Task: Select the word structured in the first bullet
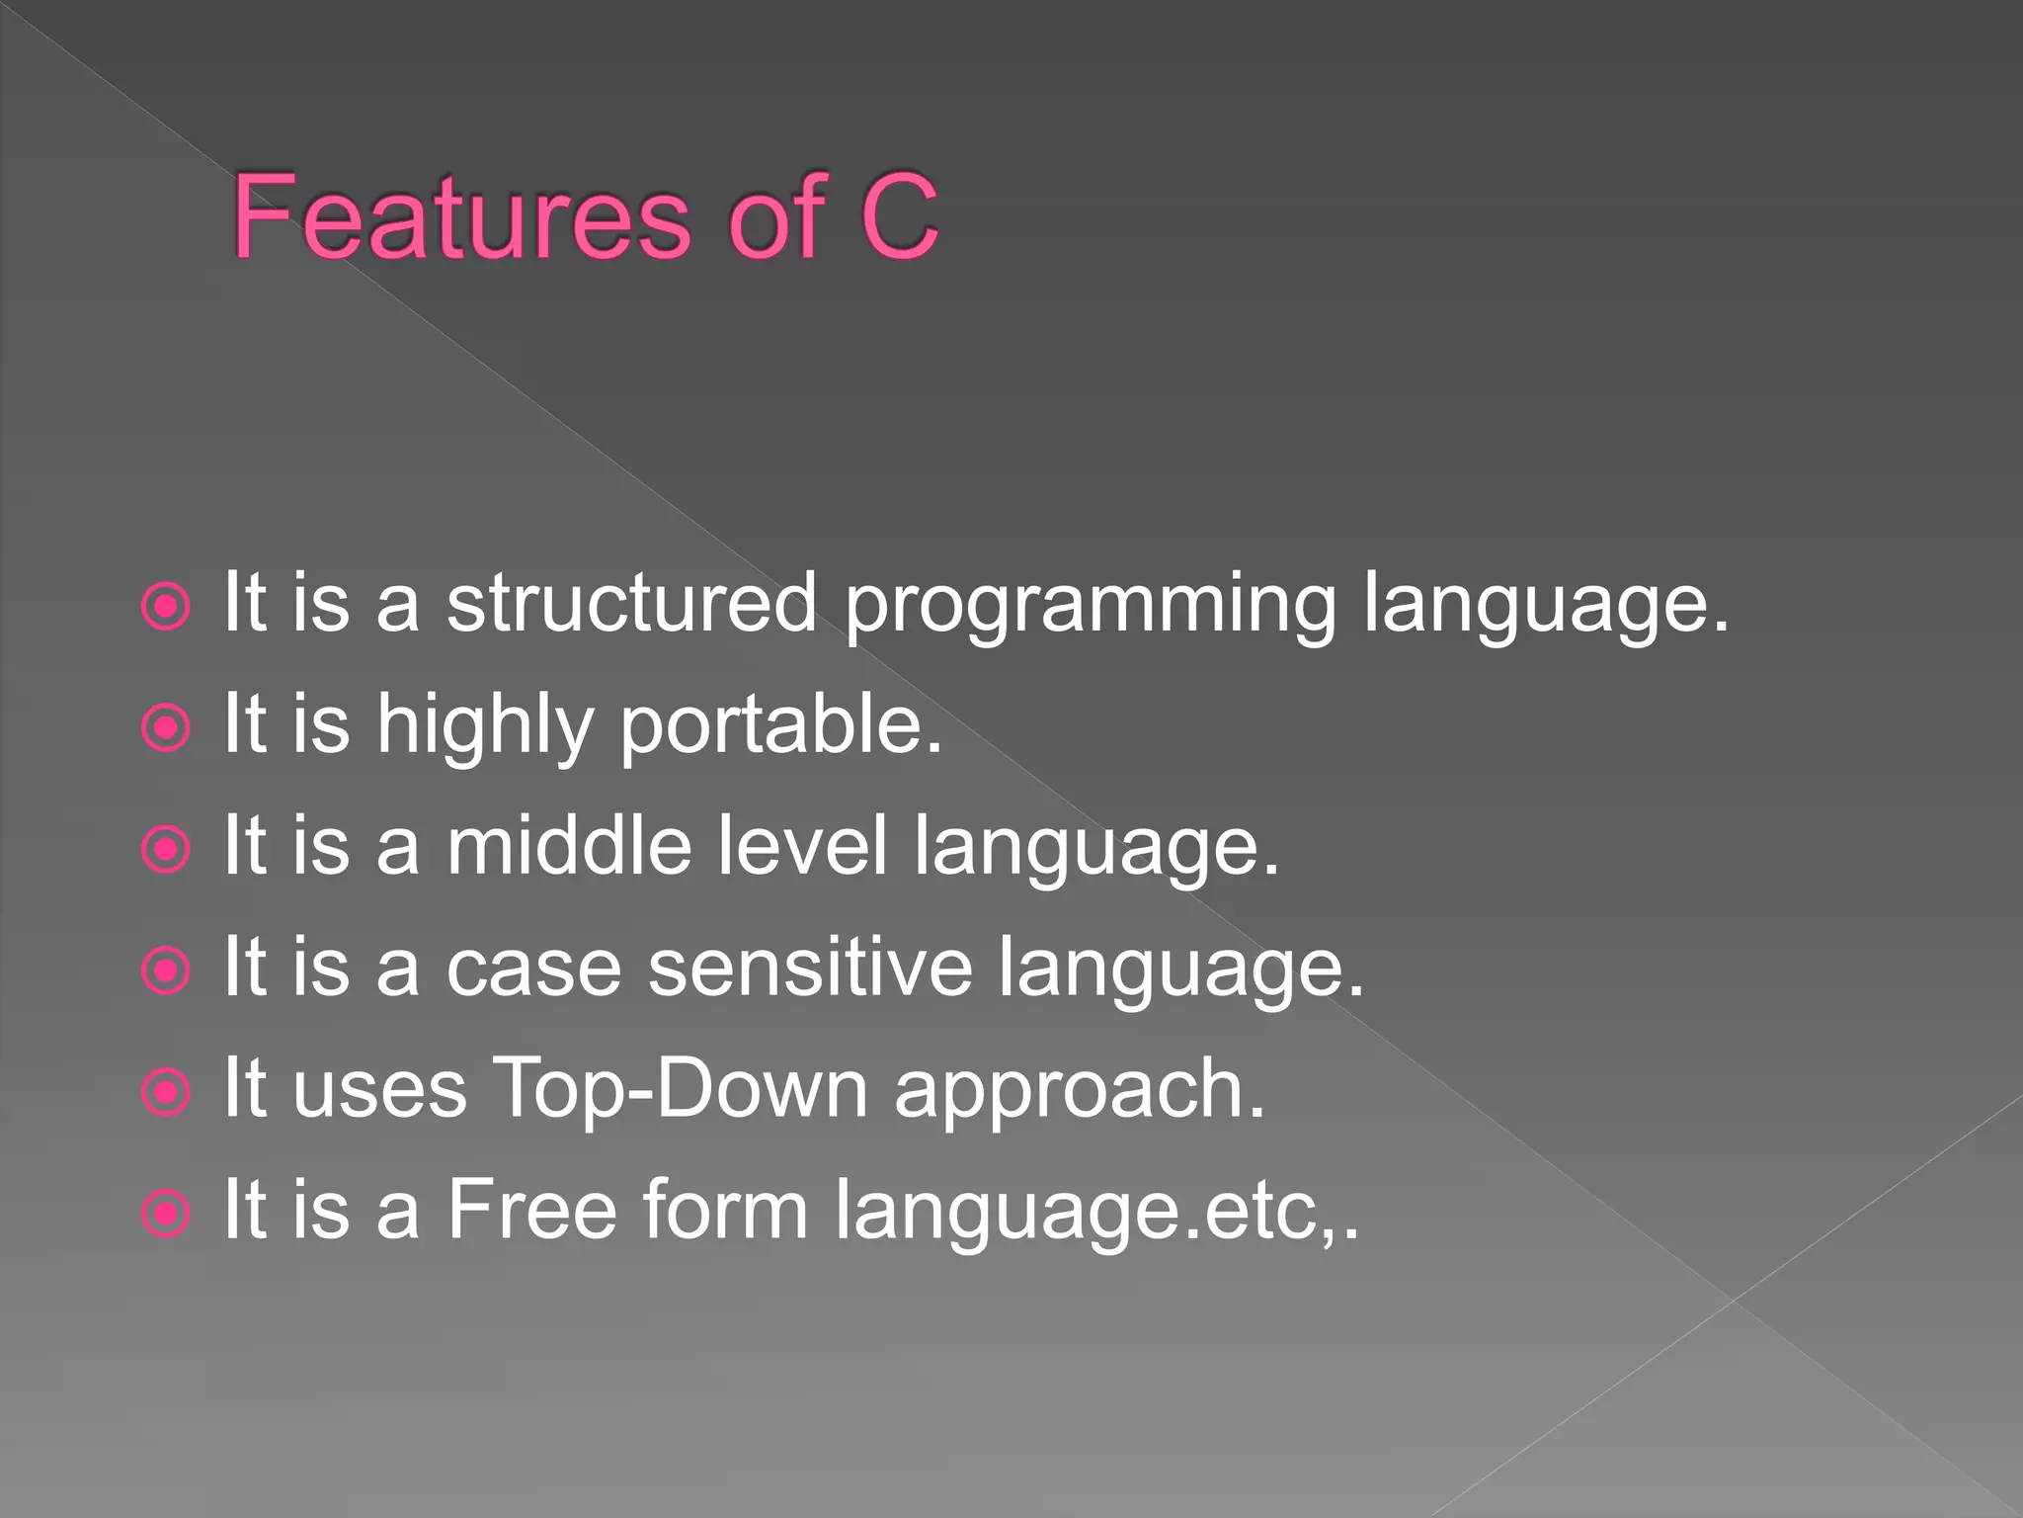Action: (631, 604)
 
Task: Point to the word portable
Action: (779, 726)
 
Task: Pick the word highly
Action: (485, 726)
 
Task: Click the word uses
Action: (379, 1091)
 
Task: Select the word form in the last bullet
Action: (725, 1210)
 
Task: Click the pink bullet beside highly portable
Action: (165, 729)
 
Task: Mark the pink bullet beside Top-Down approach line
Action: (165, 1093)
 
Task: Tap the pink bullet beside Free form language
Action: (165, 1214)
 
